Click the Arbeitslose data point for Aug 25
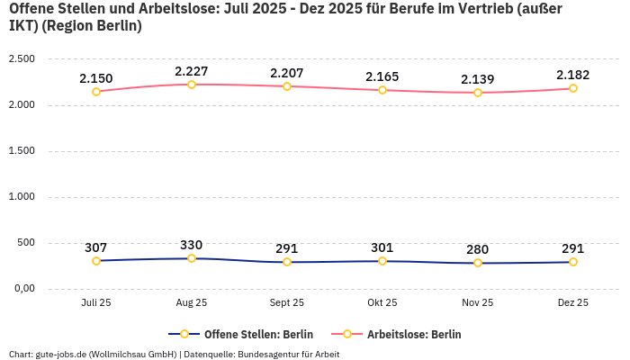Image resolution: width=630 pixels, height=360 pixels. point(192,85)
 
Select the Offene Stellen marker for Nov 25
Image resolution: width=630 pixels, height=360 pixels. point(478,263)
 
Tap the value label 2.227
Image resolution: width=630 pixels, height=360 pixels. point(192,71)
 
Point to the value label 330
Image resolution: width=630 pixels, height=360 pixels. point(192,245)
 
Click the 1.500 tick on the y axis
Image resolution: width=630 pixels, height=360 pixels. point(22,150)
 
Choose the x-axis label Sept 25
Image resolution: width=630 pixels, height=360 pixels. point(287,303)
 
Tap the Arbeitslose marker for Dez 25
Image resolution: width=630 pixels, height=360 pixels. point(573,88)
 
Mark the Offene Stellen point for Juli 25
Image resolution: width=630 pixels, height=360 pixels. point(96,261)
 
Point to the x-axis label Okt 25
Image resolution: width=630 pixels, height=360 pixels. point(382,303)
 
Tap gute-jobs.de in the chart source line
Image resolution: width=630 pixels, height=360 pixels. point(60,354)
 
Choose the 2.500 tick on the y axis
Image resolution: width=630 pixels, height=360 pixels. point(22,58)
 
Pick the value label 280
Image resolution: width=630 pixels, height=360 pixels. point(478,249)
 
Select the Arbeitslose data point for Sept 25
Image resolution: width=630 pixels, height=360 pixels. point(287,86)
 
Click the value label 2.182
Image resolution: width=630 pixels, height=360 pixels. point(573,75)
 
